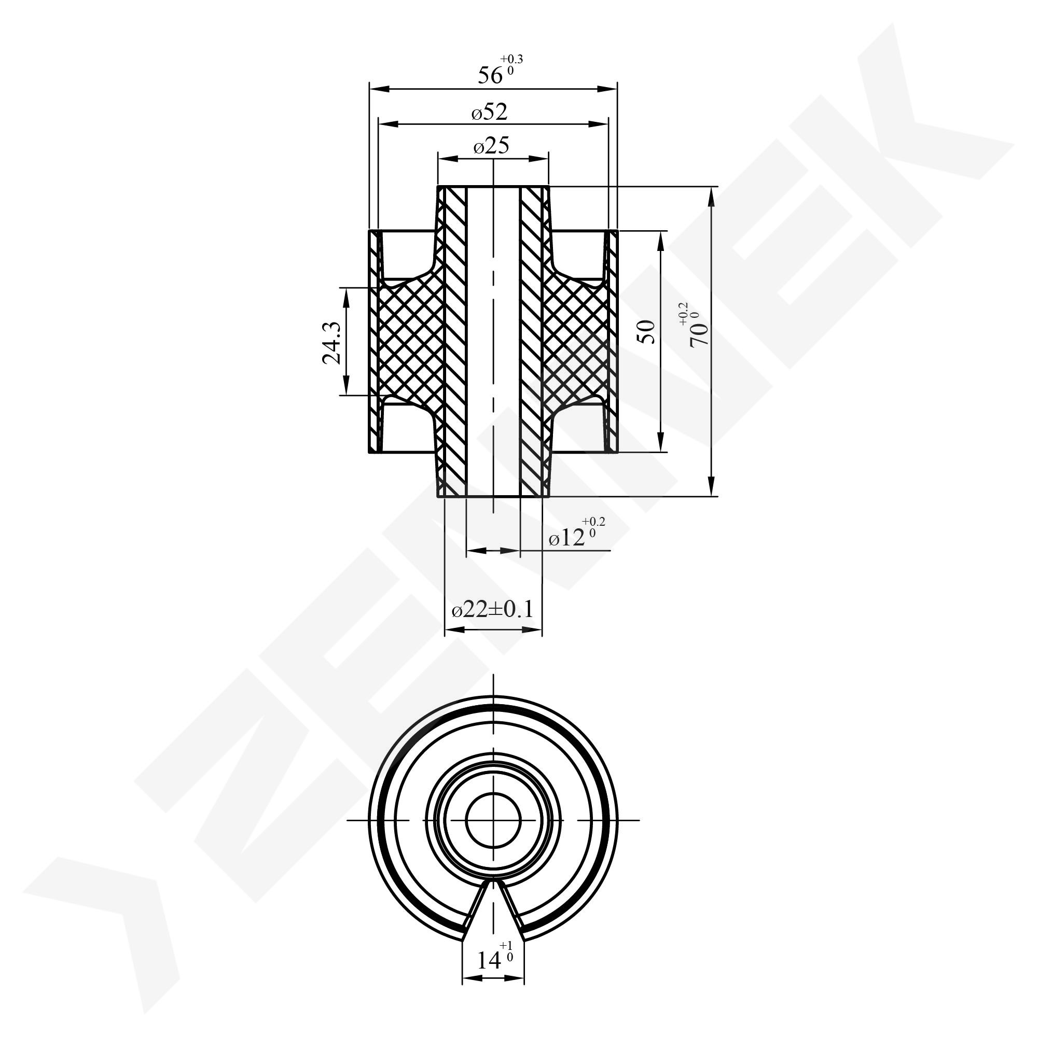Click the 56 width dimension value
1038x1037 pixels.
(491, 76)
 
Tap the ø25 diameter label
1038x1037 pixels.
(491, 146)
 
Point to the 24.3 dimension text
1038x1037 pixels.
(331, 343)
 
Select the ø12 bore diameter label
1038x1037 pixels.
(567, 538)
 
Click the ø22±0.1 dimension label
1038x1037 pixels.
(493, 610)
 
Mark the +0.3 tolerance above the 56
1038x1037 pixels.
(511, 59)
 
